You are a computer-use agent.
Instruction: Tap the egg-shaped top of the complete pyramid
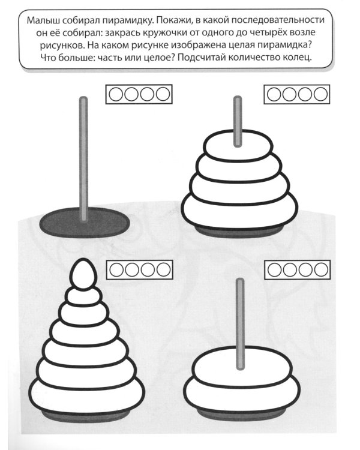83,274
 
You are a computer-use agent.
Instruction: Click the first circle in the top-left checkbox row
116,94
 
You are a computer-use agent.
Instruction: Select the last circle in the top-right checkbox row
320,94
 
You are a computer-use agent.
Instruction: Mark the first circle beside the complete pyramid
116,270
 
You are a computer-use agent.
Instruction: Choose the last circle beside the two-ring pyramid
321,269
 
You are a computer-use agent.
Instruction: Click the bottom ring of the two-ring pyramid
242,392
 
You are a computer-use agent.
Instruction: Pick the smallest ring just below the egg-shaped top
83,296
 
